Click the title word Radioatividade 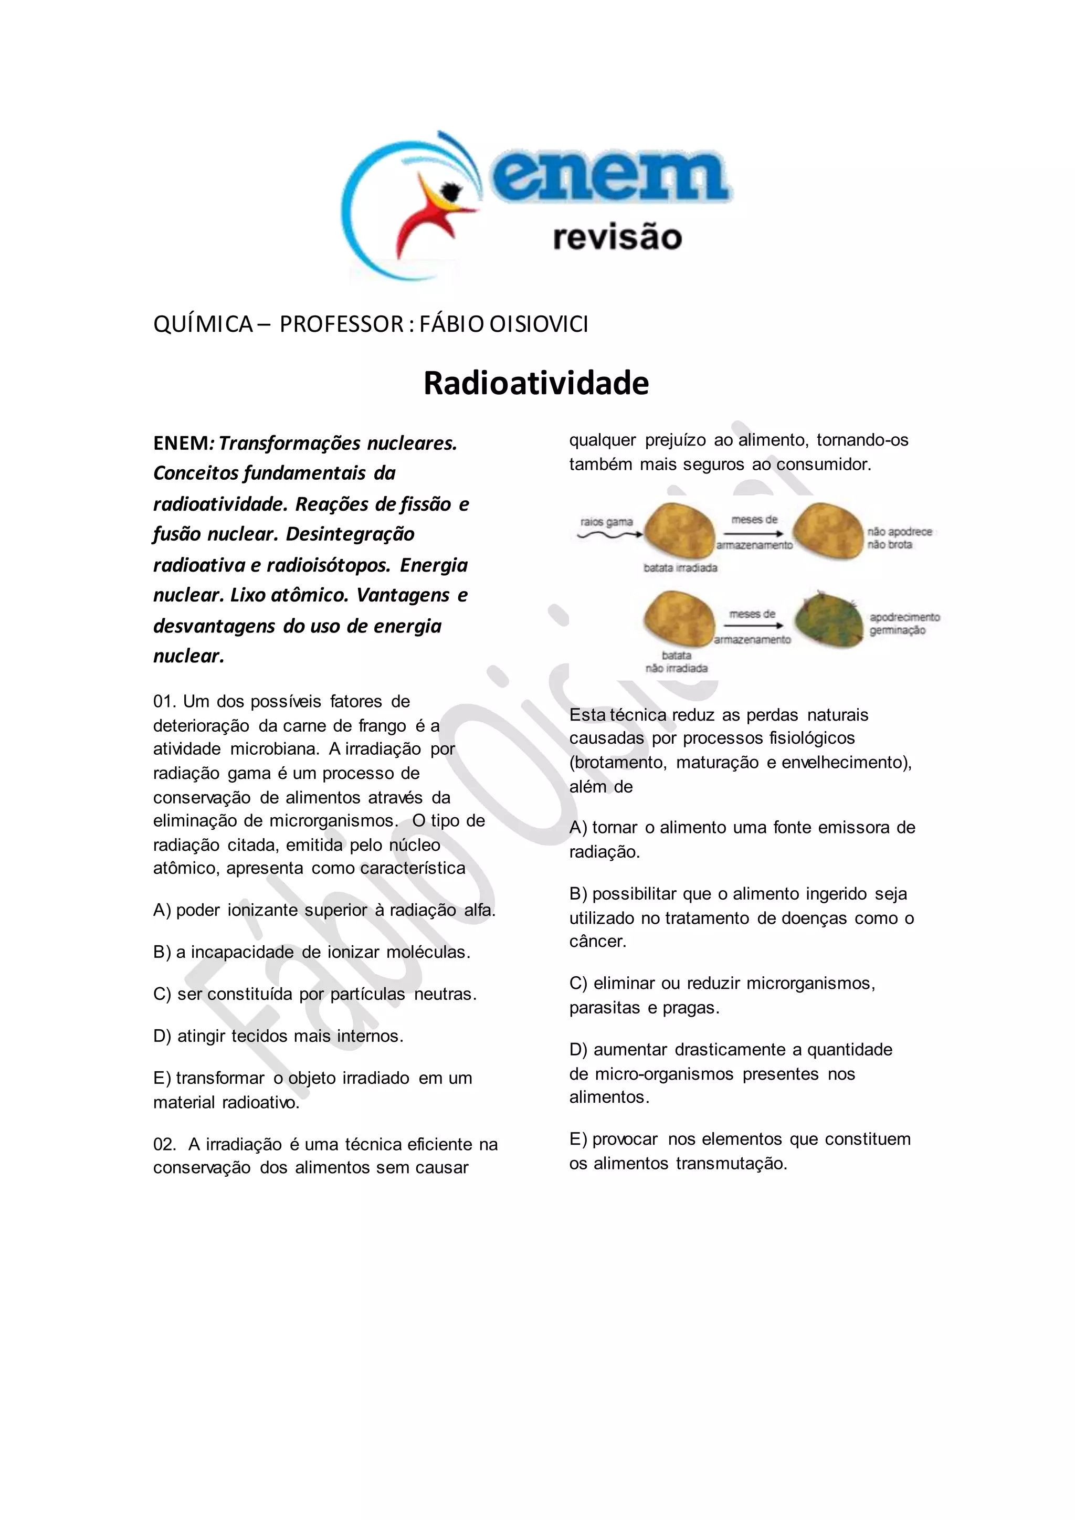pos(535,383)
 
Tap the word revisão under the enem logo pos(617,237)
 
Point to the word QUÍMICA pos(203,324)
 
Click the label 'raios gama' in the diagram pos(606,522)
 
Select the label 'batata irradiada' pos(680,568)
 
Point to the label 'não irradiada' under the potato pos(677,669)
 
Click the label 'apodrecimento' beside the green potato pos(904,617)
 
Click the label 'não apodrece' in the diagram pos(899,532)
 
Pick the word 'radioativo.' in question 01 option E pos(261,1103)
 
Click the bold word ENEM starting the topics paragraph pos(181,444)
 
